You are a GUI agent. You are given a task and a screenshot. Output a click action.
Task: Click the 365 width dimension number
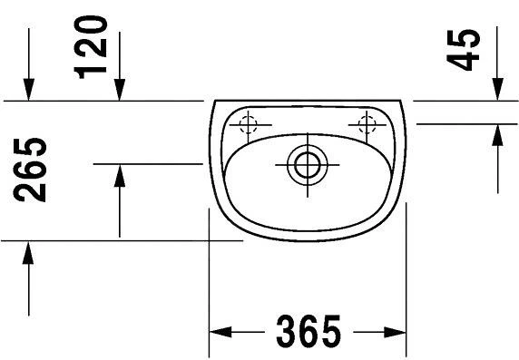(x=308, y=331)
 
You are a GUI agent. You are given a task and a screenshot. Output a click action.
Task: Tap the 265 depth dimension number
(x=30, y=170)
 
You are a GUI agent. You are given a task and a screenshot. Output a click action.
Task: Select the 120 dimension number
(x=91, y=47)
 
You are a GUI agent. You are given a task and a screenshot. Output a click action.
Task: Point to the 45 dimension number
(x=463, y=50)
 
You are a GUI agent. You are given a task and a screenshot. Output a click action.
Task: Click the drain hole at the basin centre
(x=308, y=164)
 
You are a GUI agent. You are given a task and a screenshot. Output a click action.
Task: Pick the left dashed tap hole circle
(x=248, y=125)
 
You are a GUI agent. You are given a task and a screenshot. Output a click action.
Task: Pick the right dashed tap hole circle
(x=367, y=125)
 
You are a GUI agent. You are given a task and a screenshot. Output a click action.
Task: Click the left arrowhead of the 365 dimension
(x=220, y=332)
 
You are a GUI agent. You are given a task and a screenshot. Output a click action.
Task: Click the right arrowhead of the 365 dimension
(x=395, y=332)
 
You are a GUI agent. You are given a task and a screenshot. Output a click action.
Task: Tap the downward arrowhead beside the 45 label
(x=497, y=89)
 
